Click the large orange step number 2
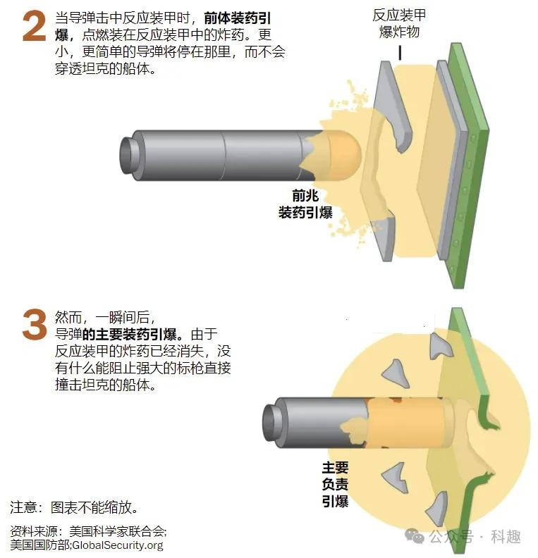34,26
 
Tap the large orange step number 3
35,324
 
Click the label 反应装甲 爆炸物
399,23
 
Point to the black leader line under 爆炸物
401,53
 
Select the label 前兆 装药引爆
305,204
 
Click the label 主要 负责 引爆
335,484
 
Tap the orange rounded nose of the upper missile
343,155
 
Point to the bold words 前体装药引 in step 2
238,18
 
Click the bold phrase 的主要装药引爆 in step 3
130,334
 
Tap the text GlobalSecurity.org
118,545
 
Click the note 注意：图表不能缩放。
74,507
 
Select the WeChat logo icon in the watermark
415,535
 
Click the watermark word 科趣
506,536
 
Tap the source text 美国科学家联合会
117,531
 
